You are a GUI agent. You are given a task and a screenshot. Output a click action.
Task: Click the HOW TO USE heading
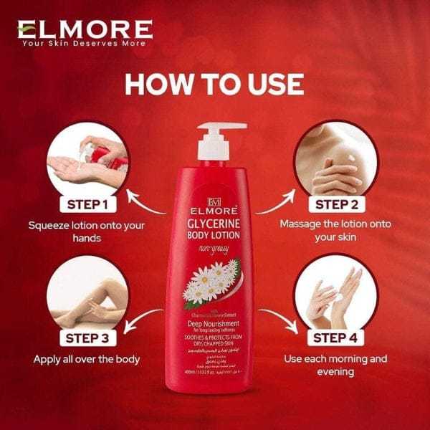[214, 84]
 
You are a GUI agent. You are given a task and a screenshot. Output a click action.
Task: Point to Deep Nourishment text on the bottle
[214, 324]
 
